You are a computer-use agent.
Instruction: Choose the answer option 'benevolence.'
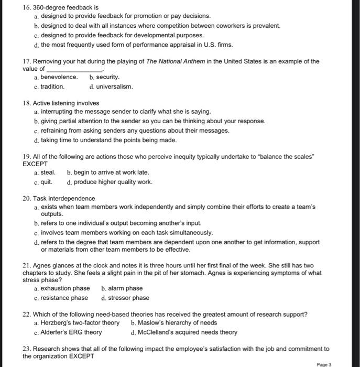pyautogui.click(x=59, y=77)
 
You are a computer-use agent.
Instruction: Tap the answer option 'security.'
pyautogui.click(x=112, y=77)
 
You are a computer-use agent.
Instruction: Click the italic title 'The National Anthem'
pyautogui.click(x=177, y=61)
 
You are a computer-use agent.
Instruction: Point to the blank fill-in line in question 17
pyautogui.click(x=74, y=69)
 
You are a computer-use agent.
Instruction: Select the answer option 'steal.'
pyautogui.click(x=48, y=172)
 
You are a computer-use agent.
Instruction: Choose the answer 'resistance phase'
pyautogui.click(x=64, y=298)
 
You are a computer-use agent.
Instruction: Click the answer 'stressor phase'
pyautogui.click(x=129, y=298)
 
